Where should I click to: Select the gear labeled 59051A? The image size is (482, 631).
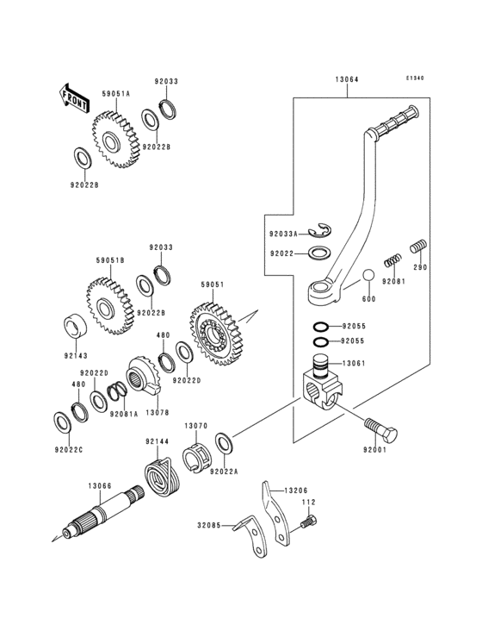[x=112, y=138]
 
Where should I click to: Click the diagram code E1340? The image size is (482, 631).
[x=416, y=78]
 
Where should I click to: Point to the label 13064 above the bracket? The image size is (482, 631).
[x=347, y=80]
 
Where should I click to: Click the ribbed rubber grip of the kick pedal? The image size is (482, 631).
[x=397, y=122]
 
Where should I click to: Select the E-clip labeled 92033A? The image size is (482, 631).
[x=322, y=231]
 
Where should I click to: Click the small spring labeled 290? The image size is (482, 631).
[x=418, y=247]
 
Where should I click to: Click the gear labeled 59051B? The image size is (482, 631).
[x=108, y=306]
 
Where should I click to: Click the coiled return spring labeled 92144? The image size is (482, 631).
[x=160, y=478]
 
